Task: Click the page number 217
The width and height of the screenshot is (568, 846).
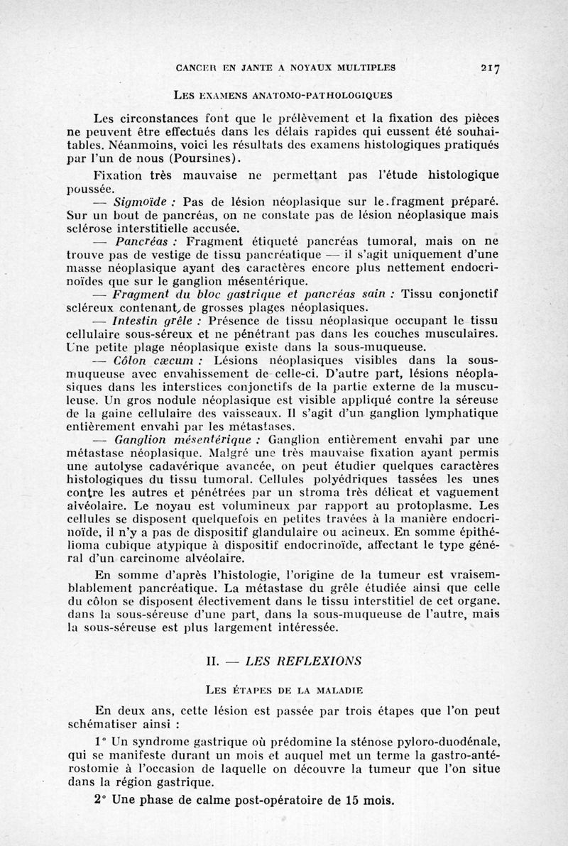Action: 490,68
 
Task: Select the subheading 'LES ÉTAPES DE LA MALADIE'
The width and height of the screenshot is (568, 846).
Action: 285,688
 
